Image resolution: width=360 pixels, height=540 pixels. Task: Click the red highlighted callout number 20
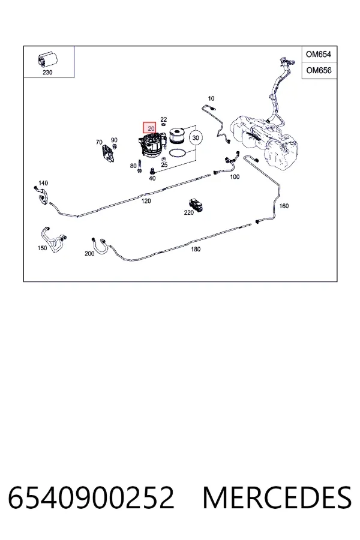150,128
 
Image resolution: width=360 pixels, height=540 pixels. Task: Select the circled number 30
196,138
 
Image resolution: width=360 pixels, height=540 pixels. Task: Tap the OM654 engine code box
319,54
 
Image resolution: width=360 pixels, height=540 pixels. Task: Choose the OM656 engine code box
319,70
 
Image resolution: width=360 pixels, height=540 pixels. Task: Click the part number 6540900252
91,497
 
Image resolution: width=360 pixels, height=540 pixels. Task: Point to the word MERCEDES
277,497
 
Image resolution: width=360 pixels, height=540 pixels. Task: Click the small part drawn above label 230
47,60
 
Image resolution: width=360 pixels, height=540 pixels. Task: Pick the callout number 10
211,98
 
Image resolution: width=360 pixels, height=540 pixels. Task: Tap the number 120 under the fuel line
146,201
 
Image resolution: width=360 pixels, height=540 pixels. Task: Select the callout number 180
196,249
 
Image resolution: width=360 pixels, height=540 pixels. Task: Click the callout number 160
284,206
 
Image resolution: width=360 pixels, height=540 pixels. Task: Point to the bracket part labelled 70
107,153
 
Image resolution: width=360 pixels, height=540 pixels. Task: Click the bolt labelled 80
139,166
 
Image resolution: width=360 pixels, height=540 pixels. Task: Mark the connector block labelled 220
196,205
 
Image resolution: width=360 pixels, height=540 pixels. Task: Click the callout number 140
43,183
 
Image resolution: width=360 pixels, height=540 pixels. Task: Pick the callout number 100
235,176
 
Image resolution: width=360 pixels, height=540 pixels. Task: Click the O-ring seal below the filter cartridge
178,152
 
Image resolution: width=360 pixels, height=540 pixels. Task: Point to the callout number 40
152,178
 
